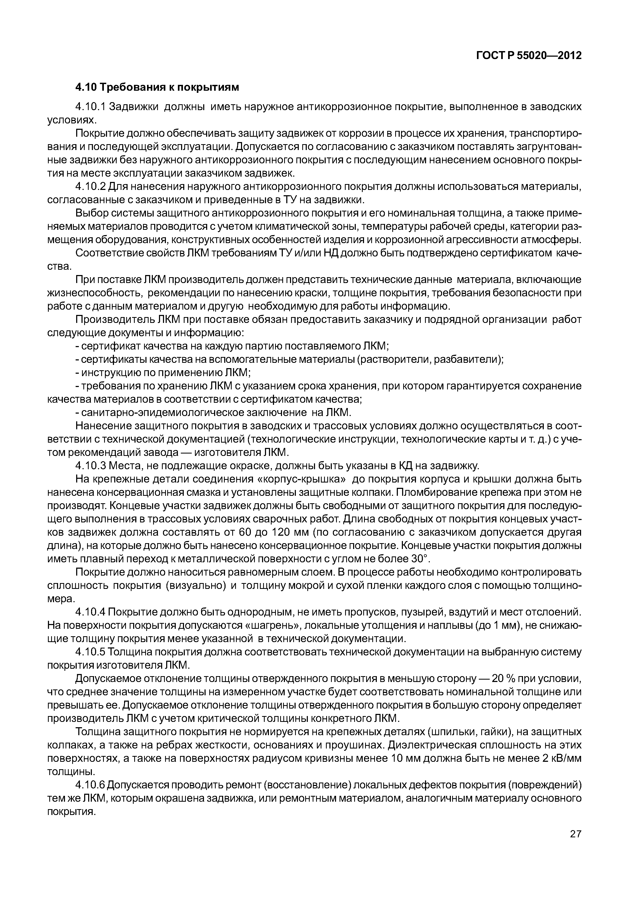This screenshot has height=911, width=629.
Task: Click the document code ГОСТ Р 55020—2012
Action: point(529,56)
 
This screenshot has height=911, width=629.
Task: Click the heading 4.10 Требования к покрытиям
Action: point(157,87)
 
